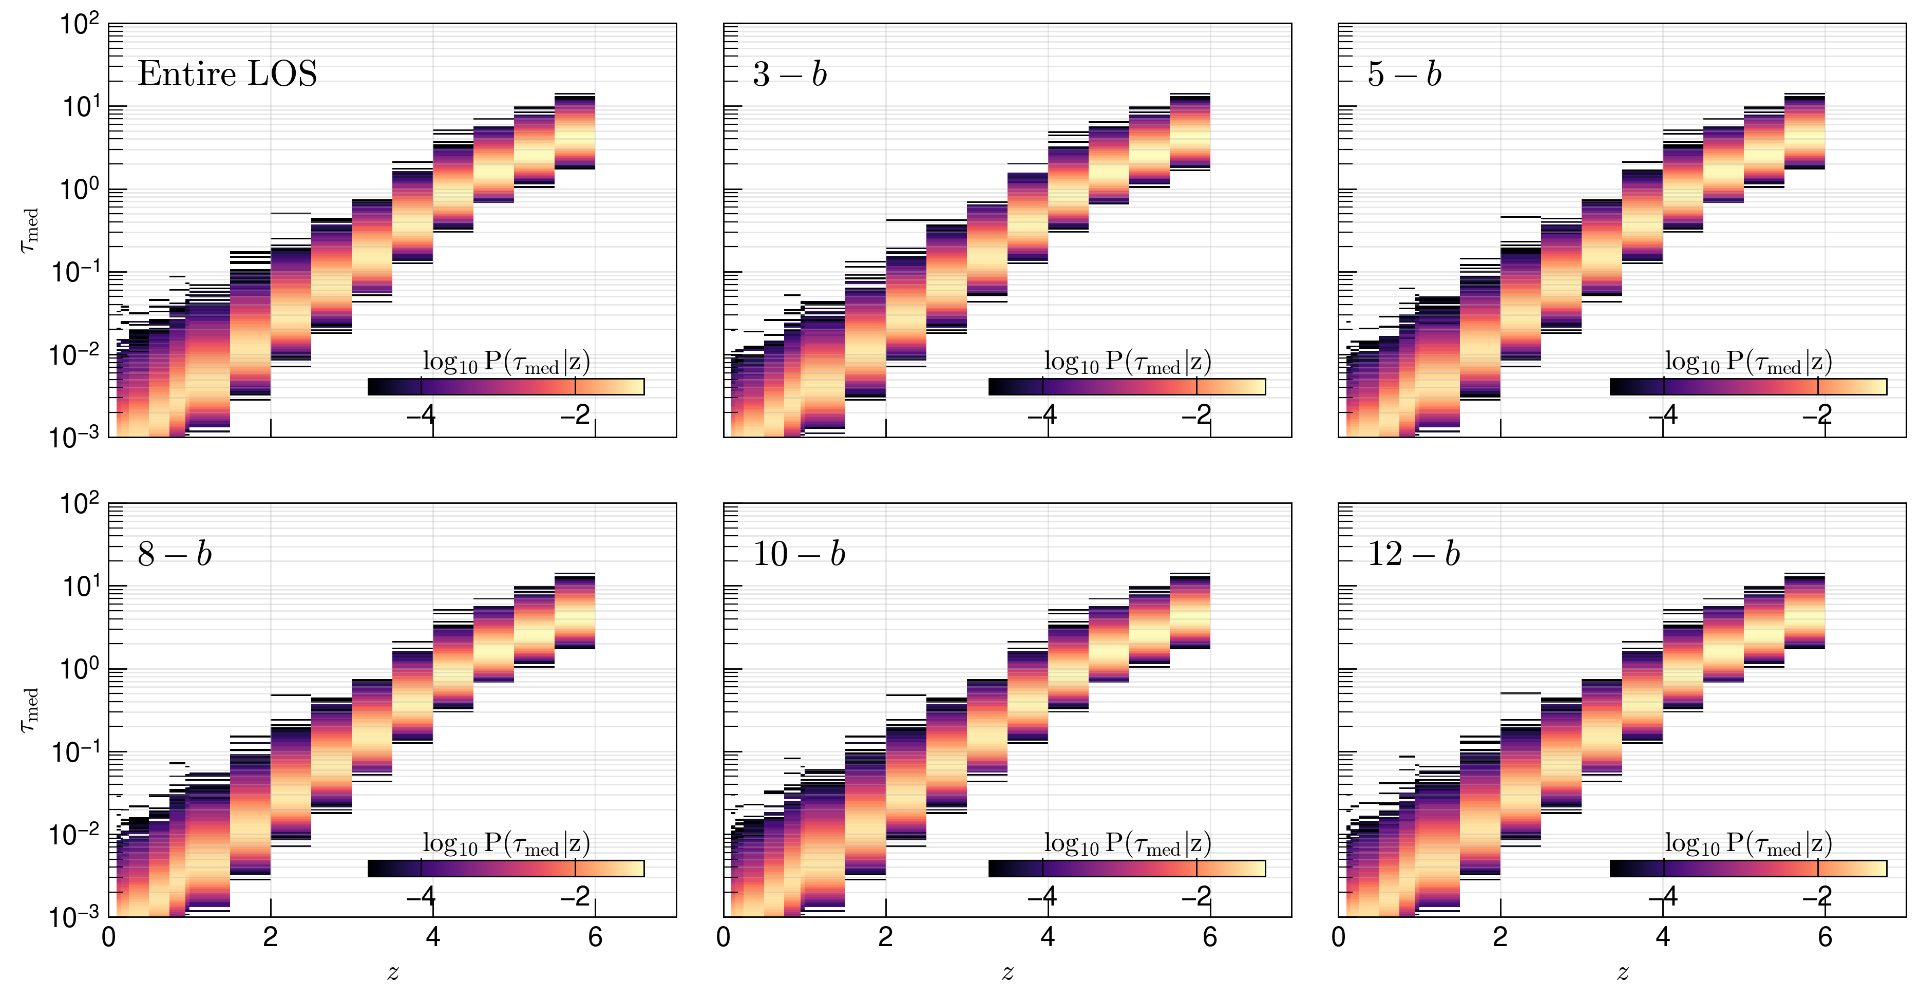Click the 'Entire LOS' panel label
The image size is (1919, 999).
click(x=227, y=74)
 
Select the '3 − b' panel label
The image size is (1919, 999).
click(x=790, y=74)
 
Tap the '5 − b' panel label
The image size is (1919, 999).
click(x=1404, y=74)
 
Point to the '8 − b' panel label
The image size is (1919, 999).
click(x=174, y=554)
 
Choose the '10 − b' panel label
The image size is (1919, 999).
click(x=799, y=554)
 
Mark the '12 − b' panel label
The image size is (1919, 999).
click(x=1413, y=554)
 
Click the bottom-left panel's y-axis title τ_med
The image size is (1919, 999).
click(x=29, y=710)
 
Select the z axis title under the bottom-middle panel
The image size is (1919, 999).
click(x=1007, y=972)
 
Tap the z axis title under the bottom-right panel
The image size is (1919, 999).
click(x=1623, y=972)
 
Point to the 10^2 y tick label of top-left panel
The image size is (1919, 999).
click(x=79, y=25)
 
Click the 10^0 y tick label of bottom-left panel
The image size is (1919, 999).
click(x=79, y=669)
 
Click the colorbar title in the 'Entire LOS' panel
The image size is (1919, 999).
click(x=506, y=363)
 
